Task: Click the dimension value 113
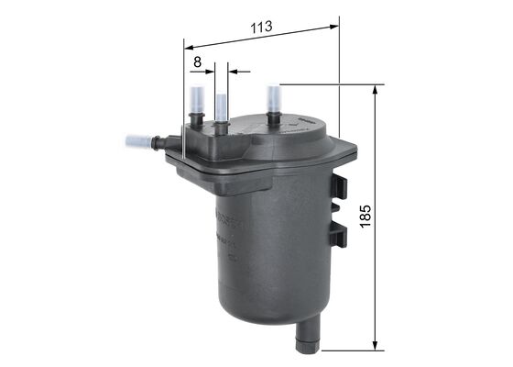click(262, 27)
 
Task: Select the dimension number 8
click(197, 61)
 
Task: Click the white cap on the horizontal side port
click(136, 143)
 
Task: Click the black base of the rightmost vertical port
click(274, 118)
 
